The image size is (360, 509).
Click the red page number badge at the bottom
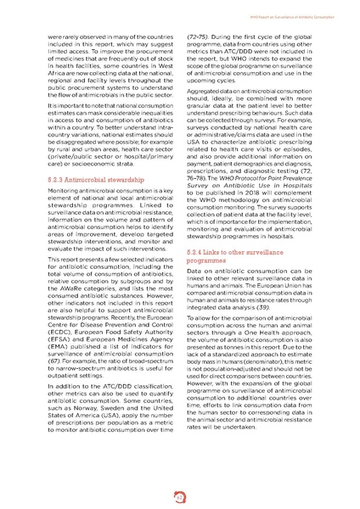tap(180, 497)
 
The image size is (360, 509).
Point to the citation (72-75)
tap(200, 38)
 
